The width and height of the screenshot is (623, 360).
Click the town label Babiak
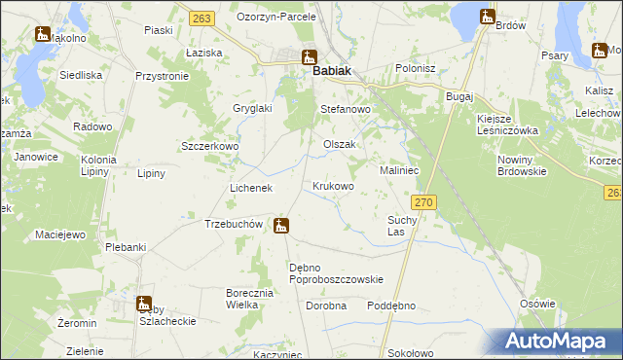(x=331, y=71)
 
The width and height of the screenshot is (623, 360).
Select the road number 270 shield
(x=422, y=201)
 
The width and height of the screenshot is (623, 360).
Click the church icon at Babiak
(x=309, y=56)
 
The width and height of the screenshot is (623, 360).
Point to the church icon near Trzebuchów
(x=281, y=227)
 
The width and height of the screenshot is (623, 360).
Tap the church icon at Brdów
(x=487, y=16)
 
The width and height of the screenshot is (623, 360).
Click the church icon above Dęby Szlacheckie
(x=143, y=304)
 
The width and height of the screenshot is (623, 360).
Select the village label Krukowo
(x=333, y=185)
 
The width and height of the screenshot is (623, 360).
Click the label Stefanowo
(x=347, y=110)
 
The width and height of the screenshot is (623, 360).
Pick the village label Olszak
(x=340, y=144)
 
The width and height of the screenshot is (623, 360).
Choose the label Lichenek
(x=250, y=187)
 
